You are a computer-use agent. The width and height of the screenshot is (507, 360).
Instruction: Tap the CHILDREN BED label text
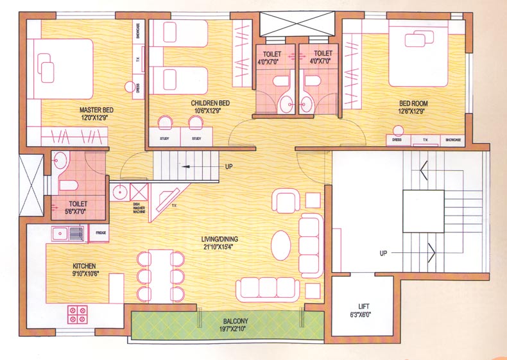pyautogui.click(x=210, y=107)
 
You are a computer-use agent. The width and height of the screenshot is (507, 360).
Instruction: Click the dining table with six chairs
pyautogui.click(x=160, y=275)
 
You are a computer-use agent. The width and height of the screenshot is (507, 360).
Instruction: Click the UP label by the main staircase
pyautogui.click(x=383, y=253)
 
